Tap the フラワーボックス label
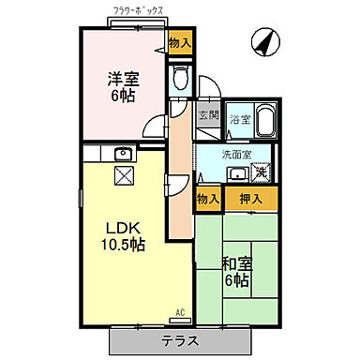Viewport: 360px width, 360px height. point(138,11)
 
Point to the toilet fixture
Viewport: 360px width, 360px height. point(180,77)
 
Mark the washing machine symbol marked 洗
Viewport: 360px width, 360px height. point(263,171)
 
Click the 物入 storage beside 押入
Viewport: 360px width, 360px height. point(208,198)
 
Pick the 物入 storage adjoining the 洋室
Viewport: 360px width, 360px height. point(180,42)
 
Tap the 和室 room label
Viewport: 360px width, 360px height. point(235,264)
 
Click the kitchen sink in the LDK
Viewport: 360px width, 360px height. point(121,154)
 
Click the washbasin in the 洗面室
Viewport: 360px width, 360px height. point(238,172)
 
